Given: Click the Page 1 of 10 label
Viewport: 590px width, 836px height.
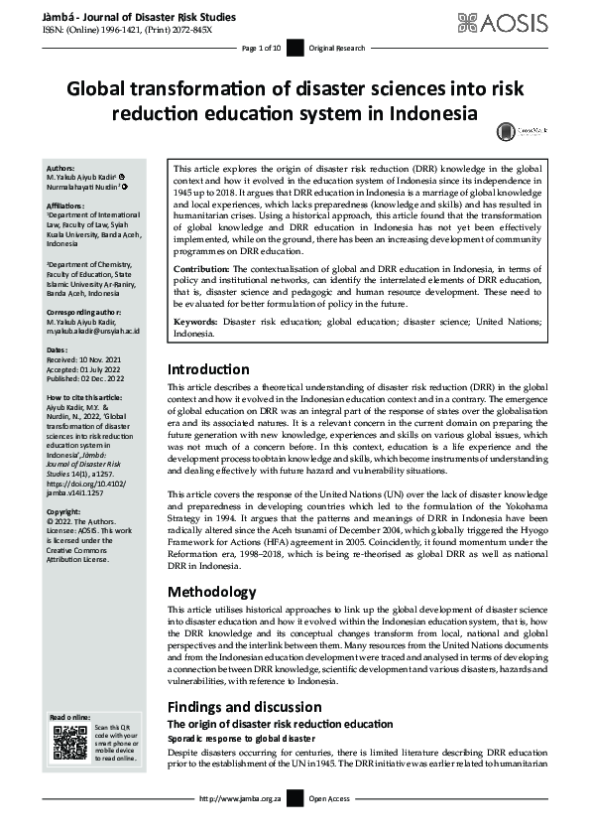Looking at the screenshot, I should (x=263, y=48).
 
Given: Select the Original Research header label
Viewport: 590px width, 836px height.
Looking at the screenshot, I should (x=337, y=48).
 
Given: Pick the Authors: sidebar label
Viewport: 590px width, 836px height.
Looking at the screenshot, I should (x=60, y=169).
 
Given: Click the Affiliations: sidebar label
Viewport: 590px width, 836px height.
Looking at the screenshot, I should (x=66, y=206).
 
